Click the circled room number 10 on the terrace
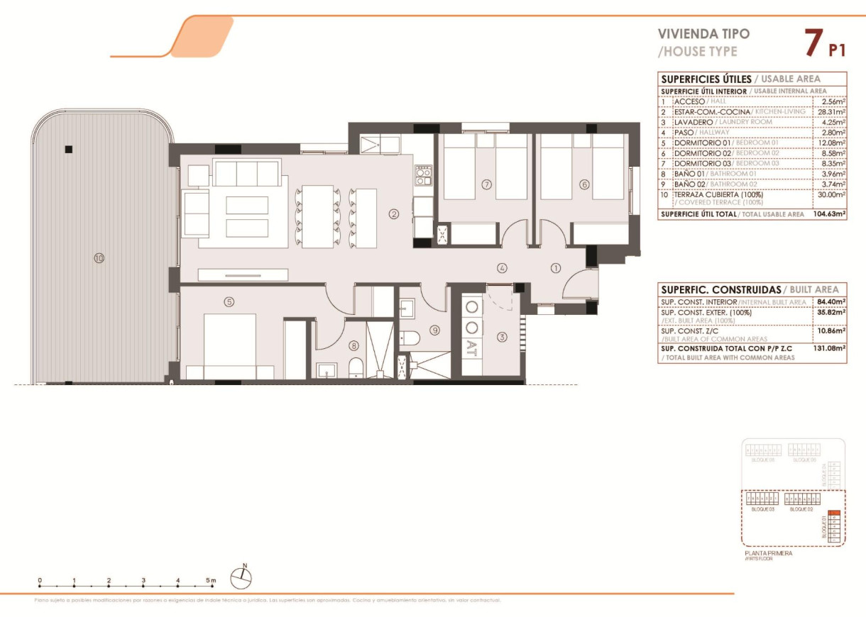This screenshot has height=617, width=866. (99, 258)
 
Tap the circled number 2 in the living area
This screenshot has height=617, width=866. (393, 213)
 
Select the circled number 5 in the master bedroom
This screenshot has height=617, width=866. (229, 301)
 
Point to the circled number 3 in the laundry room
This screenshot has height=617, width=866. (503, 337)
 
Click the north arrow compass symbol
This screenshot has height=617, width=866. (242, 577)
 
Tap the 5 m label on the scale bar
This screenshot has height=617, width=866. (211, 580)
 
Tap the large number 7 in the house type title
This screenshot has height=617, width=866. (812, 43)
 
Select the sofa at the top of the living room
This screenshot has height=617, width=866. (246, 173)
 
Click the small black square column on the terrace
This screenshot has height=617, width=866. (68, 149)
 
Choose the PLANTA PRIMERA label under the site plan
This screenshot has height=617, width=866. (768, 553)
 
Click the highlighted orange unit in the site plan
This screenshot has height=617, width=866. (834, 514)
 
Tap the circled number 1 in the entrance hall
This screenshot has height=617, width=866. (556, 267)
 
